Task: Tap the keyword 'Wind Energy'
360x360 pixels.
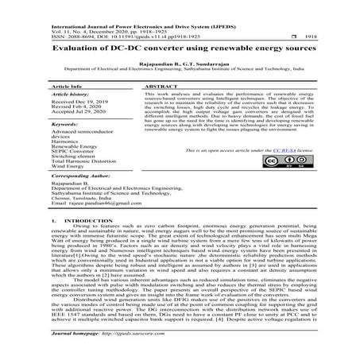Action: click(68, 167)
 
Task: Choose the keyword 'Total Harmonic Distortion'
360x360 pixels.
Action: click(83, 161)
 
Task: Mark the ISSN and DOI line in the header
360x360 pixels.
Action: click(111, 26)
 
